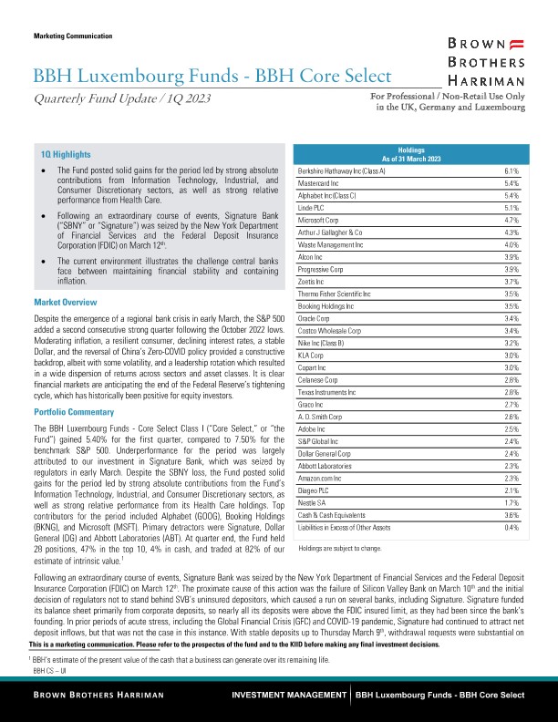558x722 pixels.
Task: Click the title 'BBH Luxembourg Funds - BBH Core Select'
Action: click(212, 75)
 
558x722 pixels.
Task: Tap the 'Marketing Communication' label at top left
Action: click(72, 36)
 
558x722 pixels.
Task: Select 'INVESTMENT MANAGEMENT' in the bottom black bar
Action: click(290, 696)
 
